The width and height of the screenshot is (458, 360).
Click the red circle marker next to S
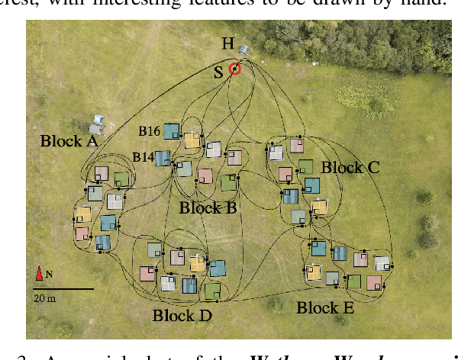click(235, 69)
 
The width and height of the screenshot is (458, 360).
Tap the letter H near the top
click(227, 44)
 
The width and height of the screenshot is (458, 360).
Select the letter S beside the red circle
click(219, 71)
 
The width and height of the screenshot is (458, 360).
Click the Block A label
click(69, 141)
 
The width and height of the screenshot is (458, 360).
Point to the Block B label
click(208, 207)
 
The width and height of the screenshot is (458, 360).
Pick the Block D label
click(182, 314)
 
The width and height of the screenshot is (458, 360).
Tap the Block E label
click(325, 308)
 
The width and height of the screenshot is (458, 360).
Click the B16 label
click(149, 132)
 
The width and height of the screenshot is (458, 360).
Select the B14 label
click(144, 157)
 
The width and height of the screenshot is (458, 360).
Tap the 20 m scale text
click(44, 298)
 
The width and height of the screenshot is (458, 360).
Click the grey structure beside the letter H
click(244, 50)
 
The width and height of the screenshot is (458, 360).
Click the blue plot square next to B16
click(171, 131)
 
